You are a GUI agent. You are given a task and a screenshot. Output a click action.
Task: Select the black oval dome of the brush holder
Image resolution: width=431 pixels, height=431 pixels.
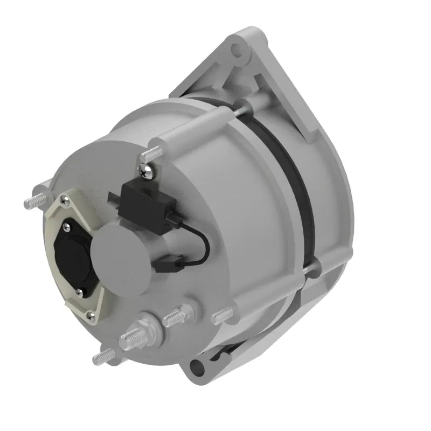tap(74, 253)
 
